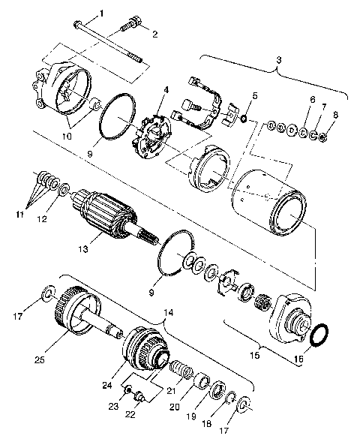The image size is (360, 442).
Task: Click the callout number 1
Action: pos(102,13)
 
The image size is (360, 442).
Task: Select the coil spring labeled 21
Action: pos(178,370)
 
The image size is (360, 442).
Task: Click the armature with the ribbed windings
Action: pos(105,211)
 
